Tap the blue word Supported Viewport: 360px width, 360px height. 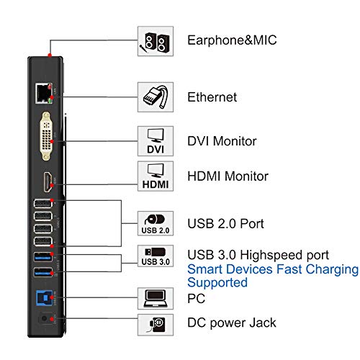coord(217,283)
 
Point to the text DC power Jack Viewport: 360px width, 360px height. coord(233,323)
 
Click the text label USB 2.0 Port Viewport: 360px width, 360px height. coord(225,224)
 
